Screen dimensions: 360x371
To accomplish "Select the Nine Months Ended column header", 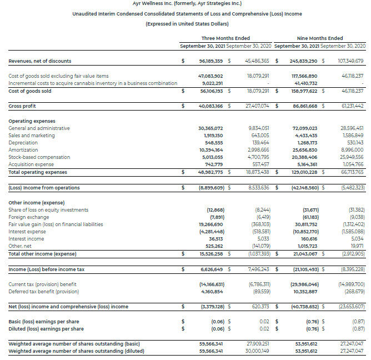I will pos(320,38).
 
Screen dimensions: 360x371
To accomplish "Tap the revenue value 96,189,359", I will pos(210,61).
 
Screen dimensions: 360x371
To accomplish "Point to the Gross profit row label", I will pos(22,106).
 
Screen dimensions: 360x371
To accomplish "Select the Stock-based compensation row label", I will pos(35,157).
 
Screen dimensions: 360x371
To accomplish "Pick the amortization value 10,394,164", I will pos(210,150).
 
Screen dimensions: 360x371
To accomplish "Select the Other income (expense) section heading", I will pos(33,203).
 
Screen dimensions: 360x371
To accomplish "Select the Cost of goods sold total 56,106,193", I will pos(210,91).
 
